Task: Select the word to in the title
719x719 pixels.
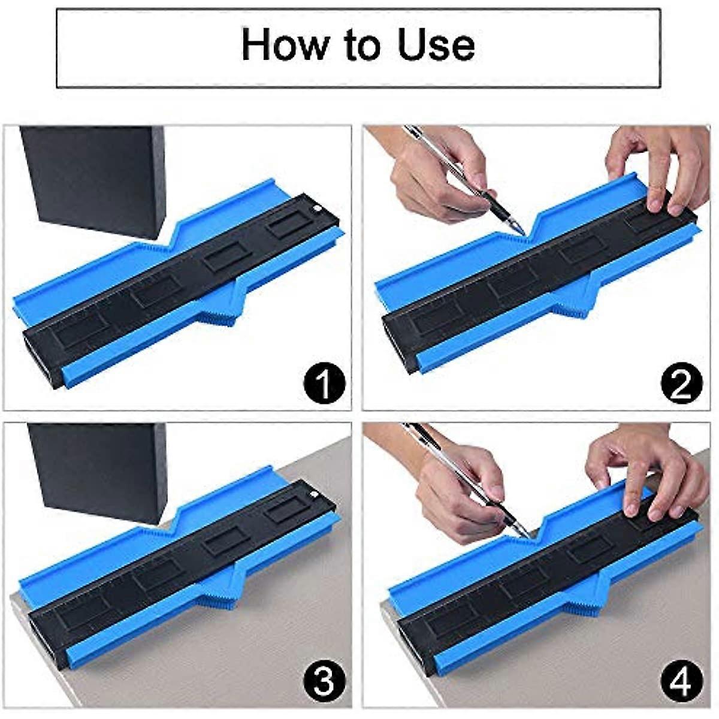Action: click(x=363, y=46)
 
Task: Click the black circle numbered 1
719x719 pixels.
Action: click(x=324, y=383)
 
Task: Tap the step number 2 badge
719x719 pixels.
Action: click(x=682, y=383)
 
